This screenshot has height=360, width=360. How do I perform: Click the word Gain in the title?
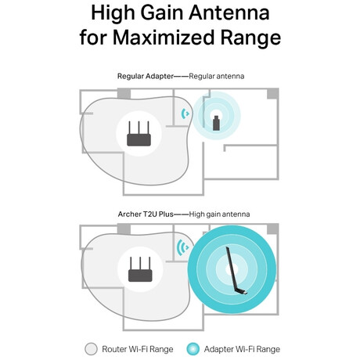pos(160,13)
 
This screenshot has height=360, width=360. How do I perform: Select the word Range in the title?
pos(250,38)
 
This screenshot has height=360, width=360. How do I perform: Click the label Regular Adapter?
pos(145,76)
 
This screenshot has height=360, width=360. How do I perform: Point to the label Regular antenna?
pos(217,76)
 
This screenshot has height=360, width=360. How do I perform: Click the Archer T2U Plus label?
pos(146,214)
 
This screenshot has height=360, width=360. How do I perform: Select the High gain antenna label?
pos(219,214)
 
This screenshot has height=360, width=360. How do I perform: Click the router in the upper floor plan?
pos(139,134)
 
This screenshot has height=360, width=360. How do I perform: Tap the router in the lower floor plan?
pos(140,269)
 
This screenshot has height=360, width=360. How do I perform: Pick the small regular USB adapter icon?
pos(216,123)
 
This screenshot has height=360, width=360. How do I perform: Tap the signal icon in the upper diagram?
pos(185,113)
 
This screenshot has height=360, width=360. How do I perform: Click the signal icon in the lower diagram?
pos(183,247)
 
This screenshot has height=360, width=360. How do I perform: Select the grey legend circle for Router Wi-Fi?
pos(91,349)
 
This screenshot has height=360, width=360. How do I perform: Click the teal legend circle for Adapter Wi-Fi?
pos(193,349)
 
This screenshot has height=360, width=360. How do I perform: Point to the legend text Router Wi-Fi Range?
pos(138,349)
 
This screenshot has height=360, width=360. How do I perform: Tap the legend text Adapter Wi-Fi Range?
pos(242,349)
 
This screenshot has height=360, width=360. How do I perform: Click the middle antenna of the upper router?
pos(139,128)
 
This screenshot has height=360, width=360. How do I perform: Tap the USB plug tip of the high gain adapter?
pos(246,293)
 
